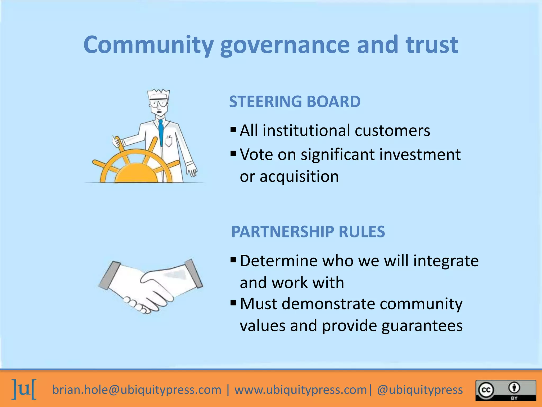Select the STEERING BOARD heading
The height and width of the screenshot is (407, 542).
(x=295, y=101)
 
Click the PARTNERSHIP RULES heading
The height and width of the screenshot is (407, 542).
(x=308, y=232)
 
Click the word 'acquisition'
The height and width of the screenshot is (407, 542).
(x=299, y=176)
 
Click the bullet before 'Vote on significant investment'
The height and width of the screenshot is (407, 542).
(x=233, y=153)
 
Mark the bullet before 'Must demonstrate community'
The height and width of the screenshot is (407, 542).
(x=233, y=303)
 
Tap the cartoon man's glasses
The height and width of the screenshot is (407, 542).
(x=158, y=103)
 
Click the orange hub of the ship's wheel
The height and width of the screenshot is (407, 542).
(x=136, y=174)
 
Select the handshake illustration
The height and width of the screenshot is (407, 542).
(x=150, y=286)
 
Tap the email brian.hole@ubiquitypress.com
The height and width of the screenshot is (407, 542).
(x=137, y=390)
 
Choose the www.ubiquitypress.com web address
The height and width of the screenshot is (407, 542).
(x=301, y=390)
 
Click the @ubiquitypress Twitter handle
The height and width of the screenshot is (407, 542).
(x=420, y=390)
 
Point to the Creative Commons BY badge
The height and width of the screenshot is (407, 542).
(x=505, y=390)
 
